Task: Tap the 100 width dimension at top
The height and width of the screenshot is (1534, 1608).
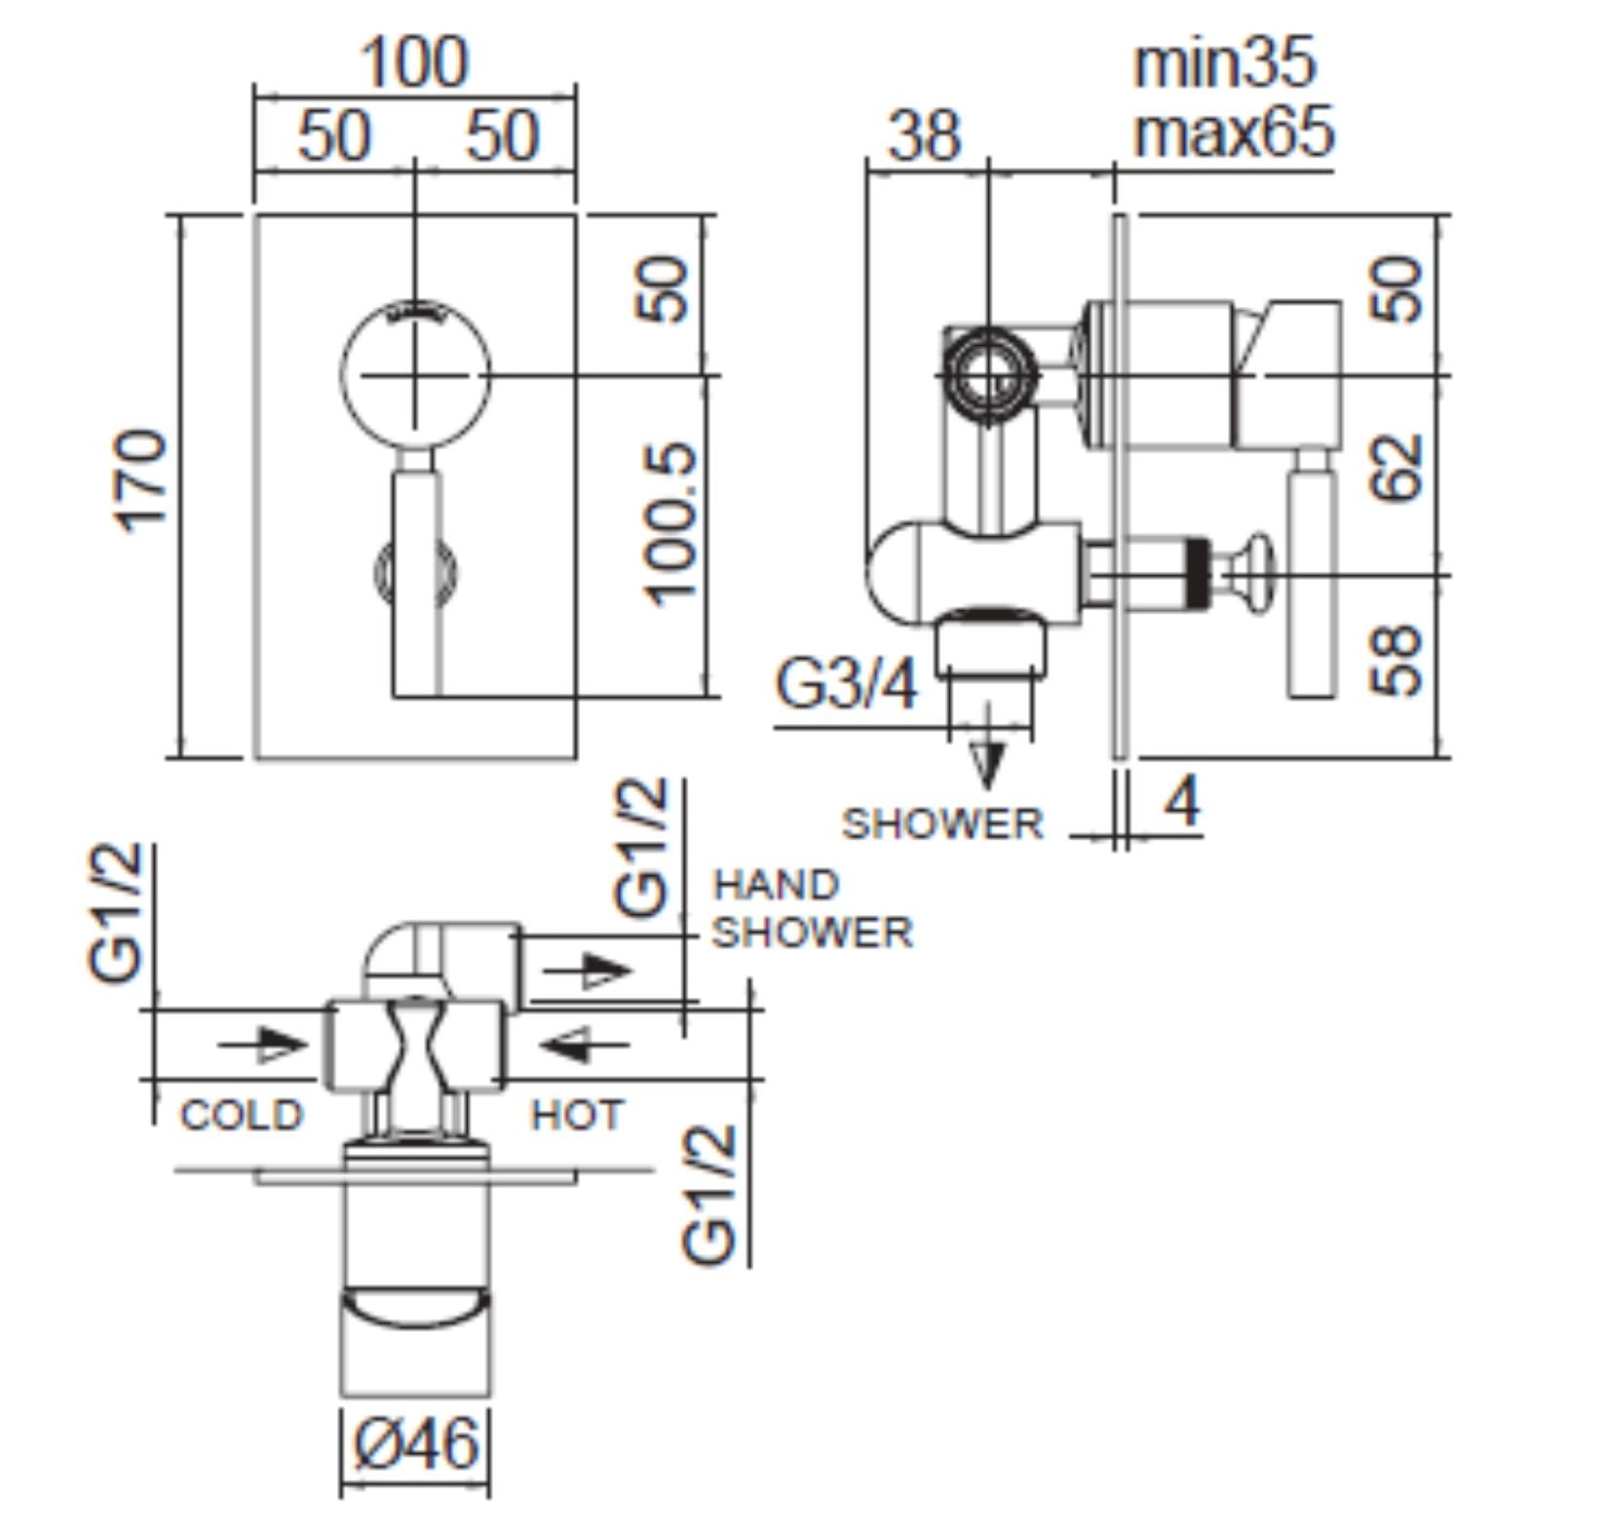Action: (415, 62)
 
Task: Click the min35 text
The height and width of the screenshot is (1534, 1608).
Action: (1224, 62)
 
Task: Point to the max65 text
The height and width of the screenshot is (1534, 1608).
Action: (1232, 133)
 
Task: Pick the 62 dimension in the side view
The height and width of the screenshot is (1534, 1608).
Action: (1397, 469)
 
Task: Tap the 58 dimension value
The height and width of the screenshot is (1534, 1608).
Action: (1397, 660)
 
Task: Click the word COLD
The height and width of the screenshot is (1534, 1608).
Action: (242, 1115)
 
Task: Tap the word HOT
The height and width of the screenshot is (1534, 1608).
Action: (576, 1115)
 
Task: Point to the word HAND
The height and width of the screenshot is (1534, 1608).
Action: (776, 885)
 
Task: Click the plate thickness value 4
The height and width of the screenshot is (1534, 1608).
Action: (1183, 803)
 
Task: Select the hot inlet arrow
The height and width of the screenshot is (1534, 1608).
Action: (583, 1045)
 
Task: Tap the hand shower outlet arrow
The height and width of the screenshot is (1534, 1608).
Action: (587, 972)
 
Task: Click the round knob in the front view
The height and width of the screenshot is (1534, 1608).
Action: (415, 374)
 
